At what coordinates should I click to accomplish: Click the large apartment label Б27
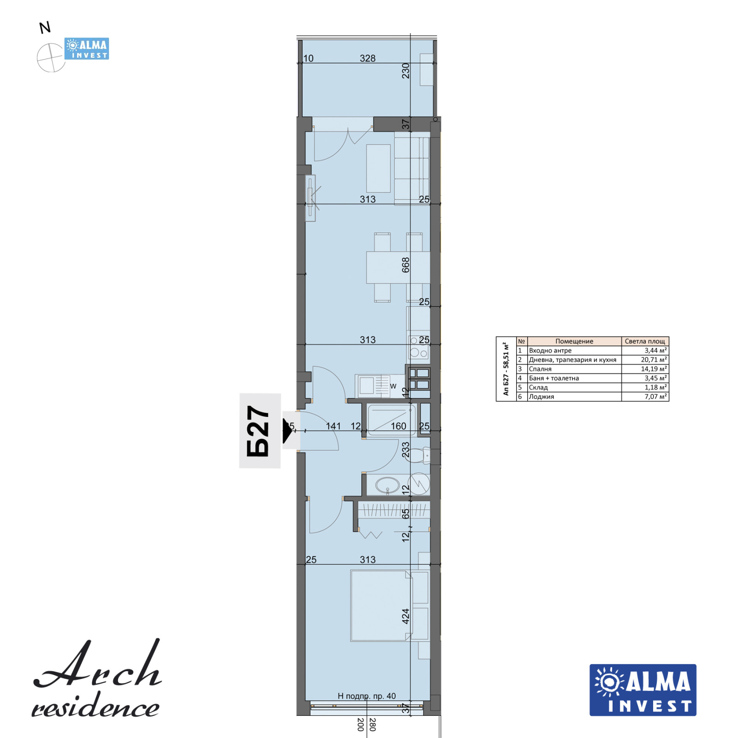(258, 431)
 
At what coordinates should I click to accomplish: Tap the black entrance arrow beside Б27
(288, 432)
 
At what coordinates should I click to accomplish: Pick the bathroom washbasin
(387, 485)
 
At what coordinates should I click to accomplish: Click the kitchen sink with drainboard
(374, 386)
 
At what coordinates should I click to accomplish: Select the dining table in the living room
(398, 267)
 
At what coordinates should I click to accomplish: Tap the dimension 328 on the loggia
(368, 59)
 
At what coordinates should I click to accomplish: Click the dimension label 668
(405, 265)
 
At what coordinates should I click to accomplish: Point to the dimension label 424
(405, 616)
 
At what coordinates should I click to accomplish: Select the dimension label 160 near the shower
(399, 426)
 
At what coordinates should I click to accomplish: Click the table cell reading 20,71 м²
(654, 360)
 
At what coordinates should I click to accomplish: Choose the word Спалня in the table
(540, 369)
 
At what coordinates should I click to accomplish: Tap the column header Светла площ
(645, 341)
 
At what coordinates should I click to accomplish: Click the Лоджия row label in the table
(542, 397)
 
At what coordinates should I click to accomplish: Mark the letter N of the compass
(45, 28)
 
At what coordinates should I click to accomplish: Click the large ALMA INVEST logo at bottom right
(643, 690)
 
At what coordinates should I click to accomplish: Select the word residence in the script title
(95, 706)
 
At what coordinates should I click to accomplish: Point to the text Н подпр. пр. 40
(367, 696)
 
